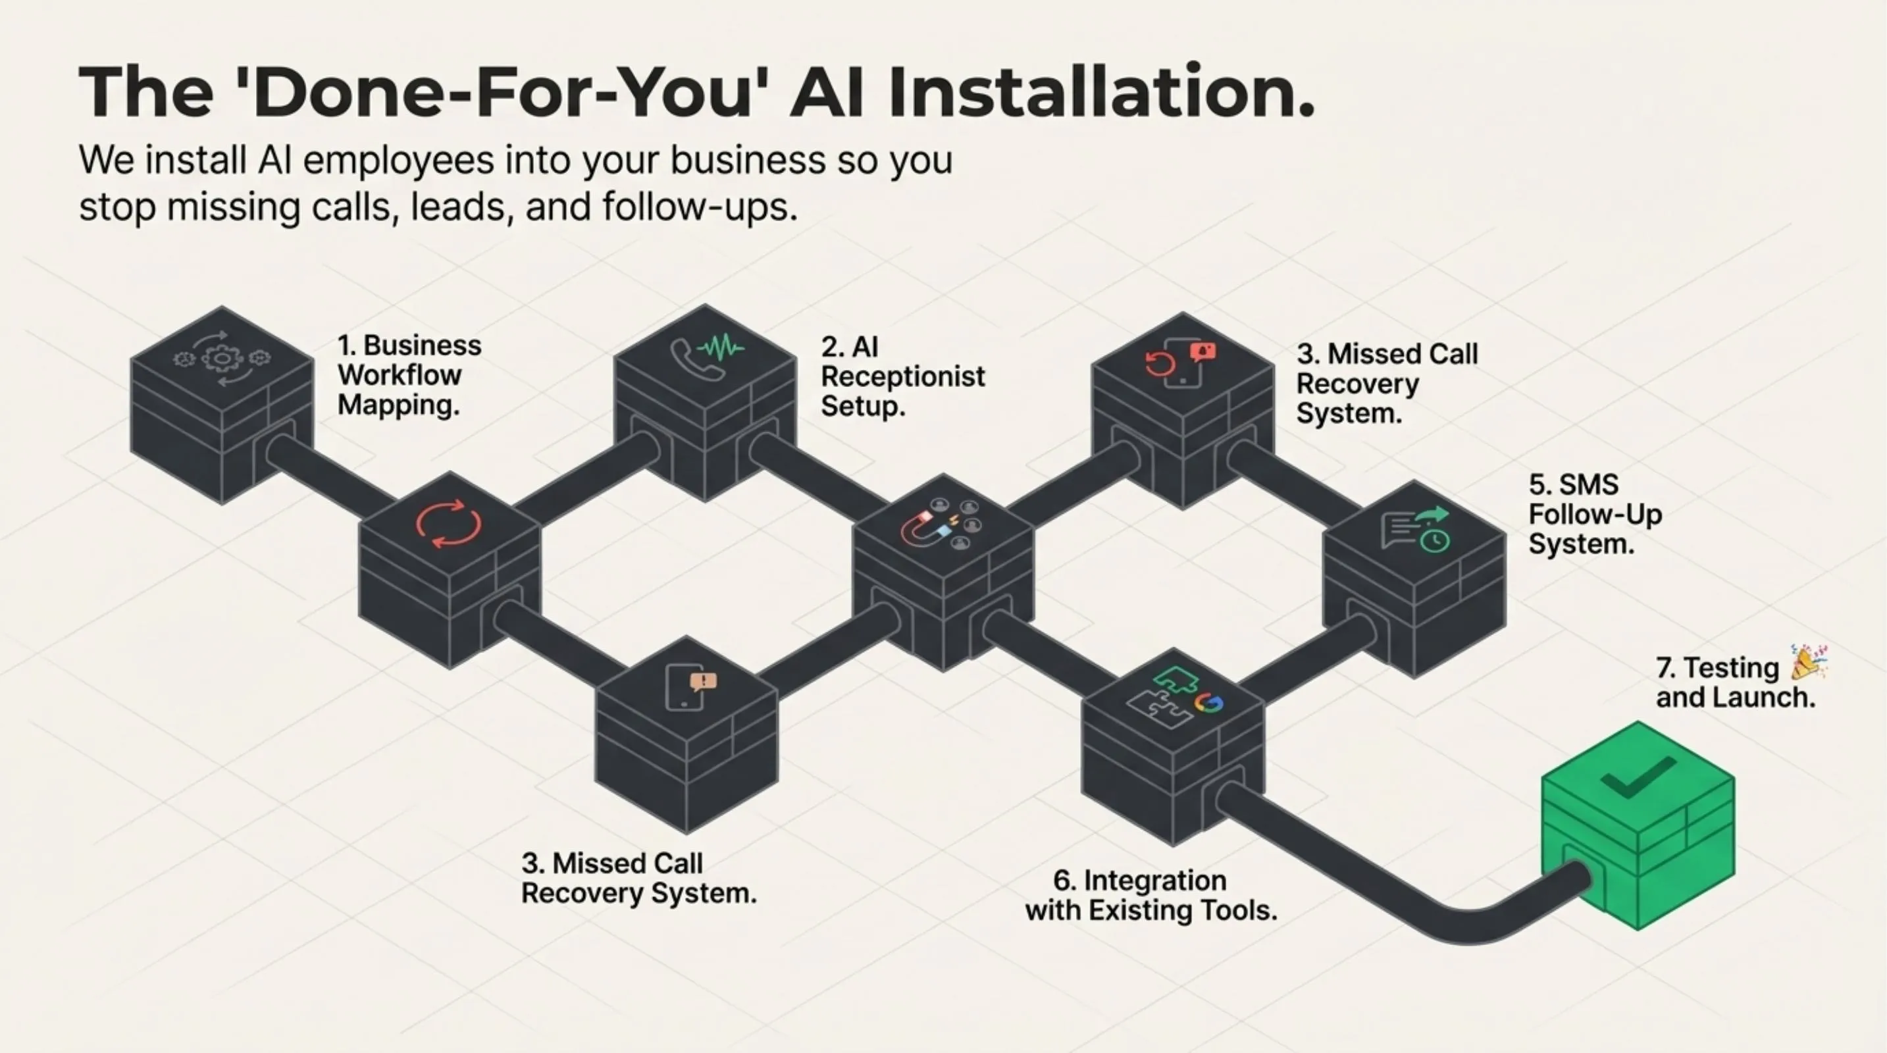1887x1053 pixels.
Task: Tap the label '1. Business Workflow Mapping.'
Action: [x=409, y=375]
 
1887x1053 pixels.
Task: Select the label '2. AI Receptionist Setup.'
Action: [x=902, y=376]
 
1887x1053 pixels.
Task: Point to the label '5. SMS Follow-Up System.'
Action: [x=1595, y=515]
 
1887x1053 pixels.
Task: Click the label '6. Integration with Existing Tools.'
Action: [x=1150, y=896]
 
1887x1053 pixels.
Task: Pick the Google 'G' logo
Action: [x=1208, y=703]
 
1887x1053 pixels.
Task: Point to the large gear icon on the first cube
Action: [x=221, y=359]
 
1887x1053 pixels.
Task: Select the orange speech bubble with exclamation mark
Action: [x=703, y=682]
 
